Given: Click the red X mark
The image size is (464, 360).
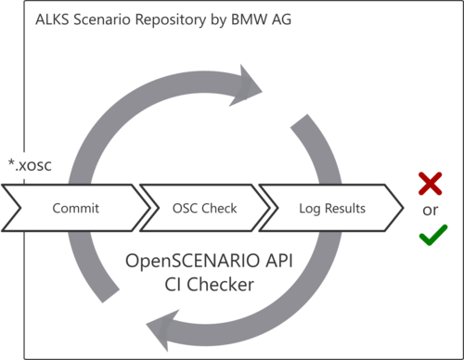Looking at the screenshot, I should coord(430,183).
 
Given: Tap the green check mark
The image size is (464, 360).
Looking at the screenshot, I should coord(430,237).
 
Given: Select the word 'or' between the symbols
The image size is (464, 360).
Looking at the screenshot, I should coord(430,210).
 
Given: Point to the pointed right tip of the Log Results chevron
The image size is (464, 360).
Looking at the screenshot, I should coord(402,208).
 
